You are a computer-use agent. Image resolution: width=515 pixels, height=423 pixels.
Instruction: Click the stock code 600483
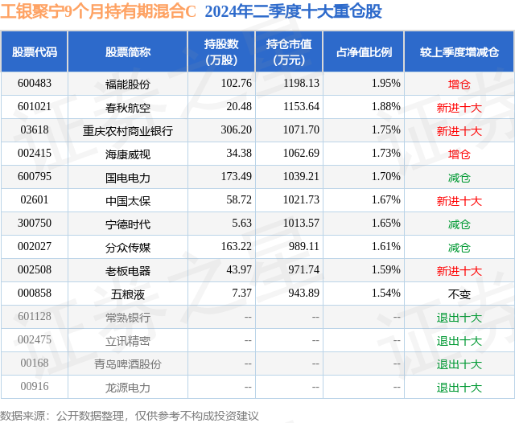coord(35,84)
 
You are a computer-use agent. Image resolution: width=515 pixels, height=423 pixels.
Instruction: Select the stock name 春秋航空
coord(128,107)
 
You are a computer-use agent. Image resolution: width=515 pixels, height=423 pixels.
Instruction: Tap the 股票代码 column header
coord(35,52)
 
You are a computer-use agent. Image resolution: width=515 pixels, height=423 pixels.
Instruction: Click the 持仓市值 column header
coord(289,52)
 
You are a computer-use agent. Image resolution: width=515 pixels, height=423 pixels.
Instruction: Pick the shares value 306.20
coord(236,130)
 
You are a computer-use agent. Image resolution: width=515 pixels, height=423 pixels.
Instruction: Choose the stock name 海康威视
coord(128,154)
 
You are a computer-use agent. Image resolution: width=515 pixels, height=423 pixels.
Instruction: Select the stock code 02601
coord(35,200)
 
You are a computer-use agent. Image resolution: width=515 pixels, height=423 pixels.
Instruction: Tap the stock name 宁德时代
coord(128,224)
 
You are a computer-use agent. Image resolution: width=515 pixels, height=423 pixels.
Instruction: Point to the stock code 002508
coord(35,270)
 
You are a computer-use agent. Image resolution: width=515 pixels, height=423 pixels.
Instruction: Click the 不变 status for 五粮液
coord(459,294)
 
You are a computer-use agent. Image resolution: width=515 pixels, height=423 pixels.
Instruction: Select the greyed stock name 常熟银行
coord(128,317)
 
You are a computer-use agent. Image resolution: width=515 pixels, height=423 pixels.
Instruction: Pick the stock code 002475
coord(35,340)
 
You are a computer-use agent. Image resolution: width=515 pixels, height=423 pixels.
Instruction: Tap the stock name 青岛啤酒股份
coord(128,363)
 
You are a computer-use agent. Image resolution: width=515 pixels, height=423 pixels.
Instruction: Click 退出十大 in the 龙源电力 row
coord(459,387)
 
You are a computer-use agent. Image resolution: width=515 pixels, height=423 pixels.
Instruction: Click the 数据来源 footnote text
coord(130,415)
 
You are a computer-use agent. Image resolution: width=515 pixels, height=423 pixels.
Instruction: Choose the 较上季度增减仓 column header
coord(459,52)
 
